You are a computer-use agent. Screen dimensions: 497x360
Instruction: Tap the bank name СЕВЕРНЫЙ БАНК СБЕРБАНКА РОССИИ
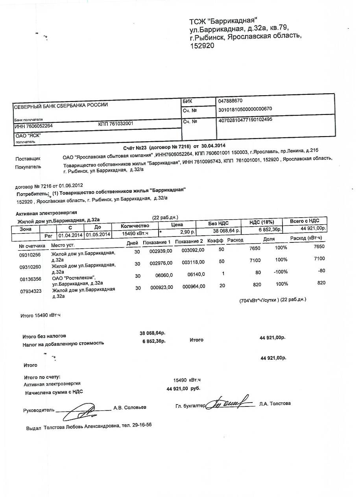point(61,105)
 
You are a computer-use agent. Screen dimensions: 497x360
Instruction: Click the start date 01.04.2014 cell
point(70,235)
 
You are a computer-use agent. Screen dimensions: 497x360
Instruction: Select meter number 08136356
point(30,279)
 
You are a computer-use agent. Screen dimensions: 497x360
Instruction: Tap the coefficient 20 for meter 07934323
point(222,286)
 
